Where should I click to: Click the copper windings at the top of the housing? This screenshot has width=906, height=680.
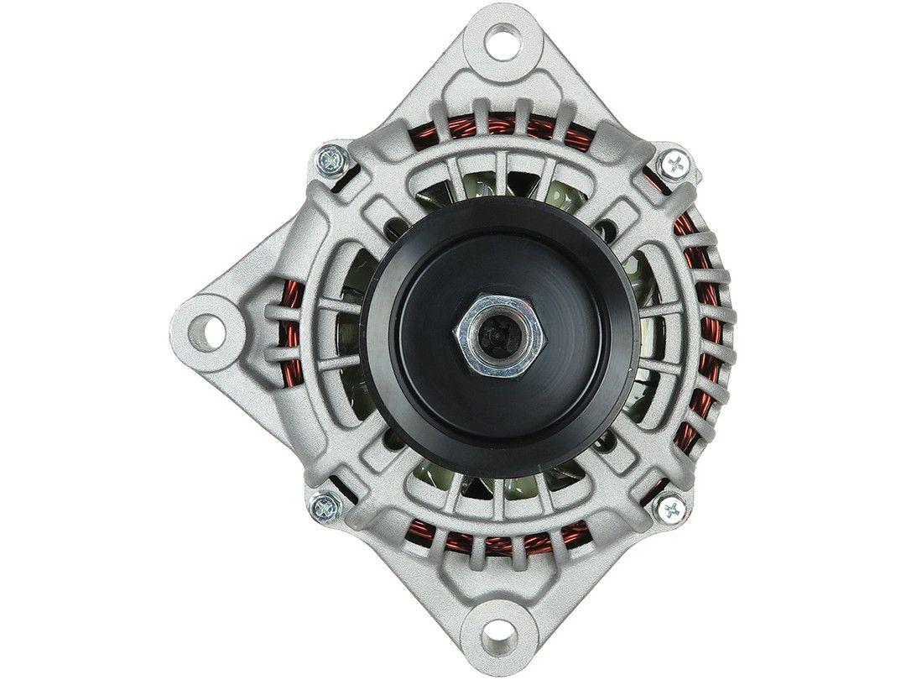[x=503, y=130]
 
